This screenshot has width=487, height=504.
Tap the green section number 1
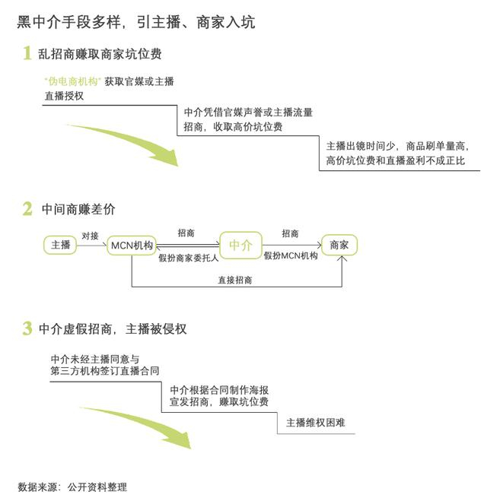[x=27, y=53]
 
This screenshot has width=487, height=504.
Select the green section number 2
[x=27, y=208]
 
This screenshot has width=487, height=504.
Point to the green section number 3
[x=27, y=328]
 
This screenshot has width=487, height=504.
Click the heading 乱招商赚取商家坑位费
[x=100, y=55]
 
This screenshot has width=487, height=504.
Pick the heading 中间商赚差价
[x=79, y=209]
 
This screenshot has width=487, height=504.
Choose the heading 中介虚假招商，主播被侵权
[x=114, y=329]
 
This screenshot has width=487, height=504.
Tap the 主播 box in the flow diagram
[x=61, y=245]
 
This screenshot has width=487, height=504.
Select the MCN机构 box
[x=132, y=245]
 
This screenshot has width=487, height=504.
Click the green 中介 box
[x=240, y=245]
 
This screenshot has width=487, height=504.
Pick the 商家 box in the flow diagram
[x=339, y=245]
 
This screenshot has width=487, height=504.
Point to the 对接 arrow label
[x=90, y=236]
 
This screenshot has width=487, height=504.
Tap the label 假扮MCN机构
[x=291, y=257]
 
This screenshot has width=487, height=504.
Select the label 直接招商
[x=235, y=280]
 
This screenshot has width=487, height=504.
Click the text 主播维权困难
[x=315, y=423]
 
